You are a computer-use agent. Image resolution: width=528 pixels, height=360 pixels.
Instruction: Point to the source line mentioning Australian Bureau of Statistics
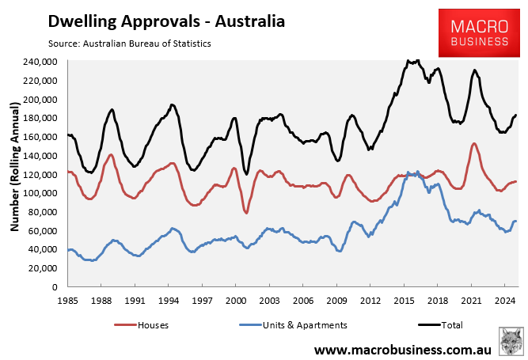coord(122,43)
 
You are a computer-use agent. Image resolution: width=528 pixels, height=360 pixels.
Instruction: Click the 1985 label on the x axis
coord(67,301)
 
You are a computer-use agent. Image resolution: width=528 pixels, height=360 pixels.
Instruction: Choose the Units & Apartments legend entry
coord(292,324)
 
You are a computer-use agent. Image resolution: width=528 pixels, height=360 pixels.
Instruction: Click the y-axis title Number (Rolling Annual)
coord(14,174)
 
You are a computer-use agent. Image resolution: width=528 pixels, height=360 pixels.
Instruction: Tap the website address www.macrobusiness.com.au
coord(405,349)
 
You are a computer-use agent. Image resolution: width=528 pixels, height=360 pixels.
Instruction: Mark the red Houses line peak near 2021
coord(473,144)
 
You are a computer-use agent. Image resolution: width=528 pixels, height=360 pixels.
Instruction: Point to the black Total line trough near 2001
coord(246,174)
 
